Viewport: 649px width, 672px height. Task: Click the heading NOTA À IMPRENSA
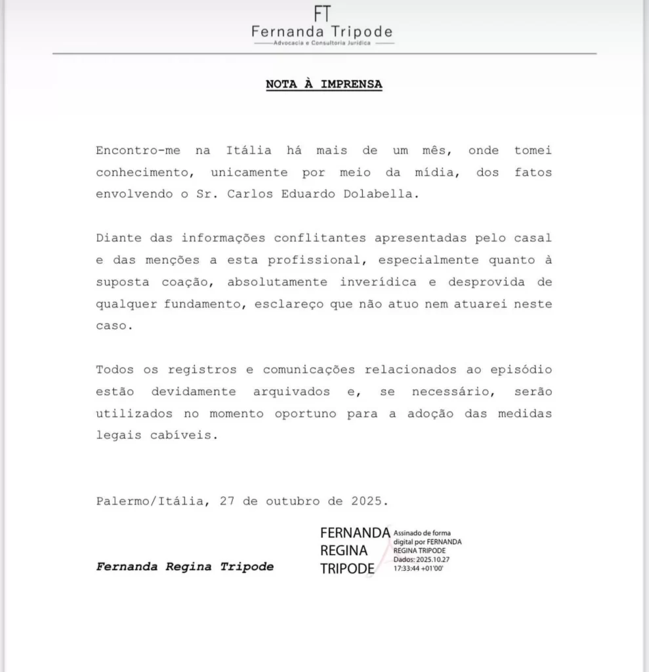coord(324,85)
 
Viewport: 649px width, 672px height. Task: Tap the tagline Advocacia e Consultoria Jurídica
coord(324,43)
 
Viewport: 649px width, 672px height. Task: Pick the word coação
coord(184,282)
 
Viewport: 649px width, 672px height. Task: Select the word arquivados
coord(292,392)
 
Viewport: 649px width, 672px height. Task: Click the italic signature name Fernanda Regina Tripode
coord(185,566)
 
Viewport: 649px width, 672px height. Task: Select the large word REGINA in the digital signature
coord(344,551)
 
